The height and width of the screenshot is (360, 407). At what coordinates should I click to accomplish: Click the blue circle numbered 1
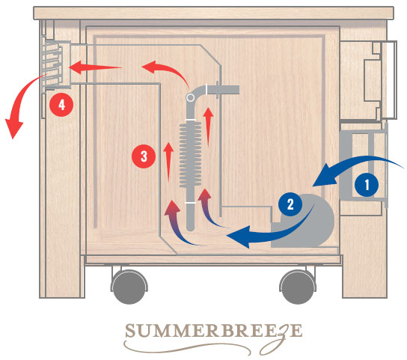pos(367,185)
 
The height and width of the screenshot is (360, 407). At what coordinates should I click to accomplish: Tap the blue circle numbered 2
pos(290,204)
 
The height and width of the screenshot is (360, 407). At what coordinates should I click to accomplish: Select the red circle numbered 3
pos(144,156)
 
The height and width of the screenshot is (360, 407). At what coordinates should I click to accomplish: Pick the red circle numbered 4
pos(61,105)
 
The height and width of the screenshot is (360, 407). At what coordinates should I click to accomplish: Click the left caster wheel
pos(129,287)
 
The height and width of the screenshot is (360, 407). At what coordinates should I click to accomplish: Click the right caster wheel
pos(298,287)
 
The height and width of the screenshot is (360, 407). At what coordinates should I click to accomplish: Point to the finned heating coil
pos(191,155)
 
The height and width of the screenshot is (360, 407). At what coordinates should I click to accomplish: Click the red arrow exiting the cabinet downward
pos(18,99)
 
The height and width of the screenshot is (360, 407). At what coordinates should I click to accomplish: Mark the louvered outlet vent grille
pos(53,65)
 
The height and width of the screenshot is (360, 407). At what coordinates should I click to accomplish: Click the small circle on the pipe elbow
pos(190,97)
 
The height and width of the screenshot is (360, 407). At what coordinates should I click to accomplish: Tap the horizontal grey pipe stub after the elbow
pos(223,90)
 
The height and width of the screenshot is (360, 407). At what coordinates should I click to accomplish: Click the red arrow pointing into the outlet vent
pos(95,67)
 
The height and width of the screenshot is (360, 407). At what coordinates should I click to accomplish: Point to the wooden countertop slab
pos(213,13)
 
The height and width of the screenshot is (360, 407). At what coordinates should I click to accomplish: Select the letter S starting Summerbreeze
pos(131,330)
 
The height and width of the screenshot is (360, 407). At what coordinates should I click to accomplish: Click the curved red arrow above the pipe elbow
pos(166,70)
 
